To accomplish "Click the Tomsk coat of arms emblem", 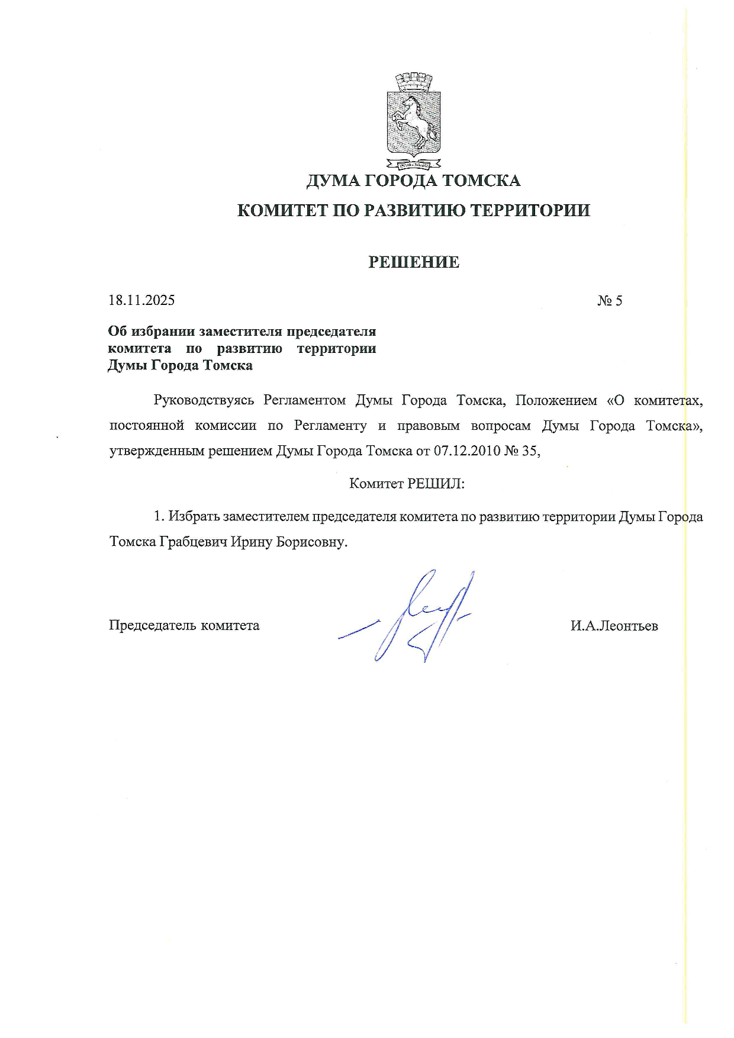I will (414, 120).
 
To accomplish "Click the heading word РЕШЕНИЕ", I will (414, 262).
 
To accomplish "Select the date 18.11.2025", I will (141, 300).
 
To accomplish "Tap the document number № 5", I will (610, 301).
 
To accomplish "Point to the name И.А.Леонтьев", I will (614, 626).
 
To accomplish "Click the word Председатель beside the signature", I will (152, 626).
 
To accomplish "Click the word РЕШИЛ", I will (436, 484).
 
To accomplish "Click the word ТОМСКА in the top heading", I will (481, 180).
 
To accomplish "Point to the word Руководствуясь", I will (204, 400).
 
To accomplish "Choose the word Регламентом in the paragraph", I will (304, 400).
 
